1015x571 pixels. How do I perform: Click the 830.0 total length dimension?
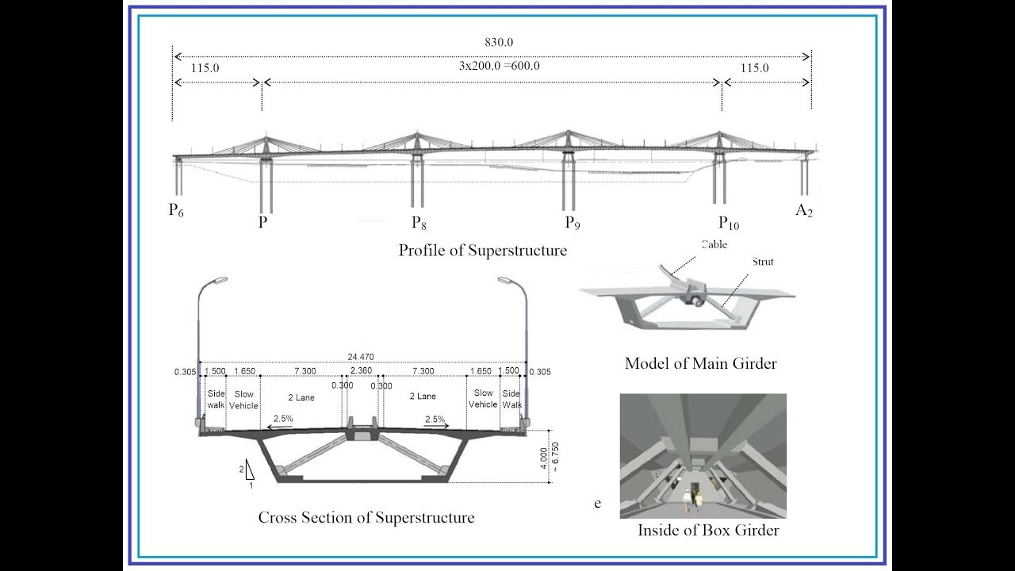tap(499, 43)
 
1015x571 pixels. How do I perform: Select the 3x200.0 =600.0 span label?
tap(499, 66)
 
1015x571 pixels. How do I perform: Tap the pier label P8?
tap(419, 223)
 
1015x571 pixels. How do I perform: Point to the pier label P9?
tap(573, 223)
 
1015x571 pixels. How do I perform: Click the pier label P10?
tap(729, 223)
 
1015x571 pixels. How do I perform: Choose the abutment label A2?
tap(804, 210)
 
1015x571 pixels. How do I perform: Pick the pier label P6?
tap(176, 210)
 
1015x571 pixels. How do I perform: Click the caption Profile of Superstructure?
tap(483, 250)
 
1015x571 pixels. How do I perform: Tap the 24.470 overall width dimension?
tap(361, 357)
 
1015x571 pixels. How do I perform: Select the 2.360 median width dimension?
tap(361, 370)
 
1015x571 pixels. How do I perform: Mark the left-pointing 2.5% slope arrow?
tap(279, 427)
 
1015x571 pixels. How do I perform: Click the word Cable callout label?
tap(714, 245)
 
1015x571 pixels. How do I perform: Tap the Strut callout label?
tap(763, 262)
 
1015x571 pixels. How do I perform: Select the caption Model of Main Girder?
tap(700, 363)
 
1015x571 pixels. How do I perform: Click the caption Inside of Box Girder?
tap(708, 531)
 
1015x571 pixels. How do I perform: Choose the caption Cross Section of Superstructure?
tap(366, 518)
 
